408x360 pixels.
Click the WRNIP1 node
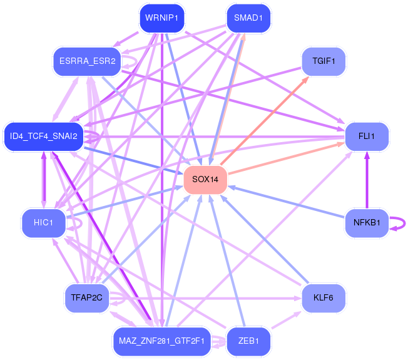(x=162, y=18)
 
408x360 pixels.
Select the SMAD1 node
(x=248, y=18)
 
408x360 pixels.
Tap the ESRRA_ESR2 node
(x=87, y=61)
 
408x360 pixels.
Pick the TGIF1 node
(x=324, y=61)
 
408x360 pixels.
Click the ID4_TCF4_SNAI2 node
(x=44, y=136)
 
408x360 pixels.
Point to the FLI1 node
(x=367, y=136)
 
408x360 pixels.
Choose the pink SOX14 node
(x=205, y=180)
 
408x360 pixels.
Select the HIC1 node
(x=44, y=223)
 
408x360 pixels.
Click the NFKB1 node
(x=367, y=223)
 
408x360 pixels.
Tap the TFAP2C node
(x=87, y=298)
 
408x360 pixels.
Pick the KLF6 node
(x=324, y=298)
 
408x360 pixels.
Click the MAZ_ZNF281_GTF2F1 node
(x=162, y=341)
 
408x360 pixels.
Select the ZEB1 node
(x=248, y=341)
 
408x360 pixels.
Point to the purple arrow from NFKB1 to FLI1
(x=367, y=180)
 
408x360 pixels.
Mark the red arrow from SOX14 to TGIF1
(x=265, y=121)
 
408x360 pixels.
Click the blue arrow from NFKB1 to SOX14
(x=286, y=202)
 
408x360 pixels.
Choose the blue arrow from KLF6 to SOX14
(x=265, y=239)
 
